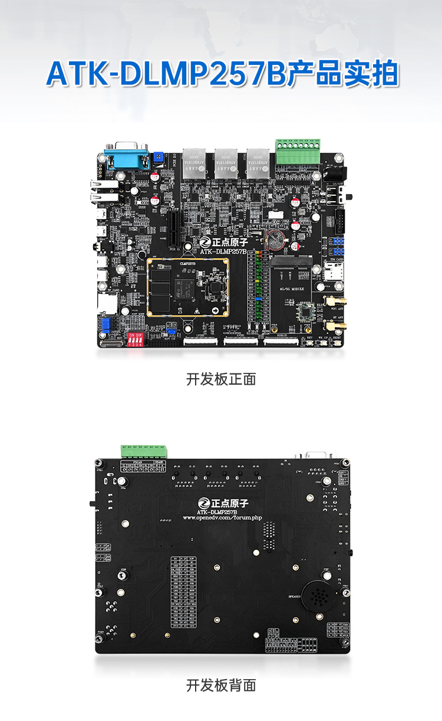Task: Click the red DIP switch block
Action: [135, 340]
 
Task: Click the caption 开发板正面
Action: [221, 379]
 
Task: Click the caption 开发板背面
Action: [221, 685]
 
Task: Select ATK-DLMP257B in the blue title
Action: [166, 75]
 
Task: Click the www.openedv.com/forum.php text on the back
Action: [222, 517]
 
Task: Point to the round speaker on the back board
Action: [318, 597]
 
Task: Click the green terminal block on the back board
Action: [144, 451]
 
